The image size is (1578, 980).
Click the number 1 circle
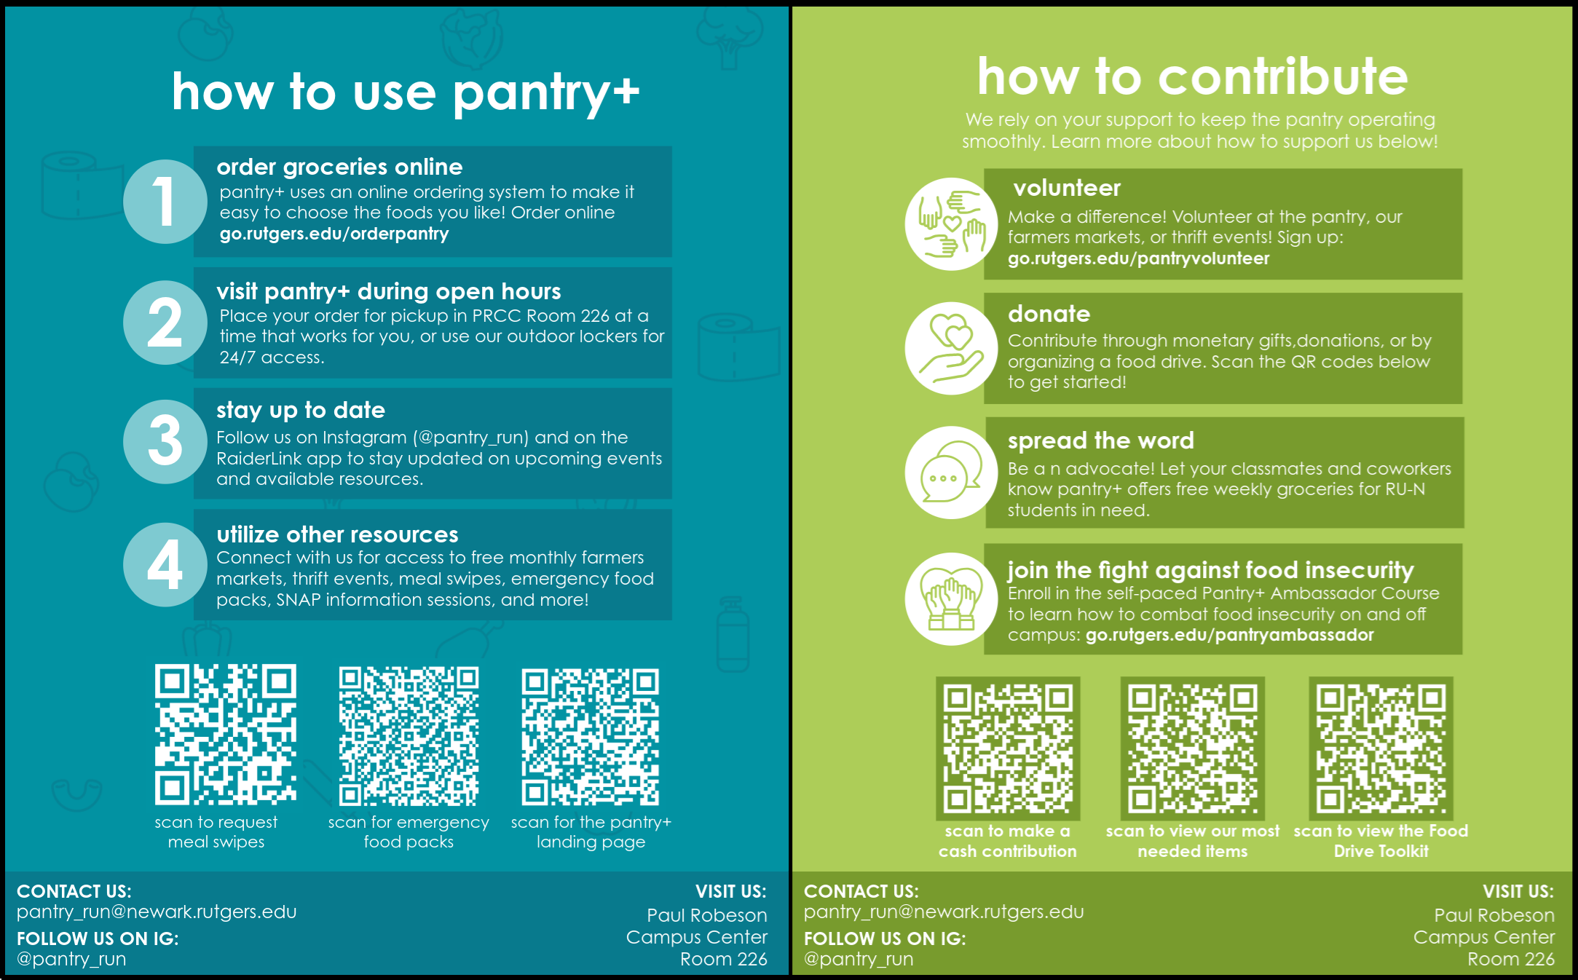pos(165,202)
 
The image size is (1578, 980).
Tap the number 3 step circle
pos(165,442)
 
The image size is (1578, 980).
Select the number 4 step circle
pos(165,565)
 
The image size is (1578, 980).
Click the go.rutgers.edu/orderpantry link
pos(334,234)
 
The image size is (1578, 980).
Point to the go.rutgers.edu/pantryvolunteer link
pos(1138,258)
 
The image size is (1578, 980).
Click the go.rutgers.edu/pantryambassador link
pos(1229,635)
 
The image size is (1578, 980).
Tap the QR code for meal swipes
pos(225,735)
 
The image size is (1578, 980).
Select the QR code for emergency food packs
pos(409,736)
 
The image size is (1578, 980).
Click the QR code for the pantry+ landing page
pos(591,737)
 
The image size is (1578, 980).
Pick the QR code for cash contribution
pos(1008,748)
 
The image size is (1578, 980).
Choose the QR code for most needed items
pos(1192,748)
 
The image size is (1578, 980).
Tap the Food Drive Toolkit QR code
pos(1381,748)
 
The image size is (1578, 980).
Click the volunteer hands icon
pos(951,224)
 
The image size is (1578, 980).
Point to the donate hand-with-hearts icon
pos(951,348)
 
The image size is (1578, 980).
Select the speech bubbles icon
pos(951,473)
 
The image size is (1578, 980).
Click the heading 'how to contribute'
pos(1193,76)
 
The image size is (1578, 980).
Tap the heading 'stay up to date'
pos(301,410)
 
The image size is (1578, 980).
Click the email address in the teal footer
pos(157,912)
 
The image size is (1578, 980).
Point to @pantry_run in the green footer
pos(859,959)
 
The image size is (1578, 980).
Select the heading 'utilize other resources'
pos(337,534)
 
